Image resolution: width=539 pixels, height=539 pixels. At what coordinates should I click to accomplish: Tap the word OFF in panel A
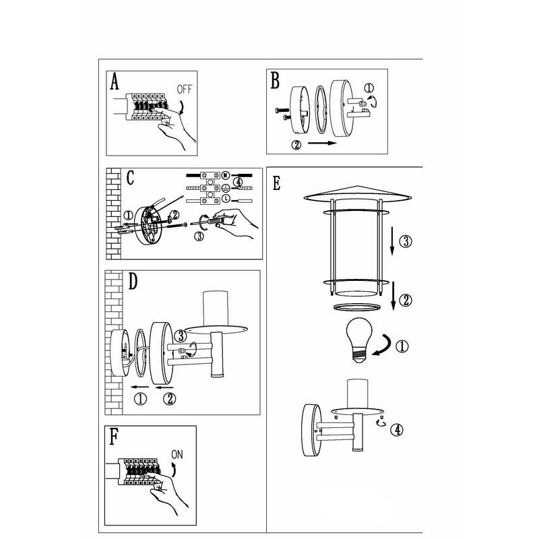tap(184, 90)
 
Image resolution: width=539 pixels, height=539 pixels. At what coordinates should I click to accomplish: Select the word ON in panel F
tap(177, 454)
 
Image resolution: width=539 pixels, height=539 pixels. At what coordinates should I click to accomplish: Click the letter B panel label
tap(275, 80)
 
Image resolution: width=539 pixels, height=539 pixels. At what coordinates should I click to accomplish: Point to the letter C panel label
tap(130, 178)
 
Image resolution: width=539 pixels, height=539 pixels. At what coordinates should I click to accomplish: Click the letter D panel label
tap(133, 281)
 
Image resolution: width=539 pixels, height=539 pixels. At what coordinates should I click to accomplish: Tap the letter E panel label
tap(276, 183)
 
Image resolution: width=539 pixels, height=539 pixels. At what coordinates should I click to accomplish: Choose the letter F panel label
tap(113, 436)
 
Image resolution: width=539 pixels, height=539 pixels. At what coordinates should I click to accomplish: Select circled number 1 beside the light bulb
tap(402, 346)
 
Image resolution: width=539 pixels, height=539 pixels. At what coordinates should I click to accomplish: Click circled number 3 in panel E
tap(406, 241)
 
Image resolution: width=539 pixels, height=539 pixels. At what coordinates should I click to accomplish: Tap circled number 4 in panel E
tap(397, 430)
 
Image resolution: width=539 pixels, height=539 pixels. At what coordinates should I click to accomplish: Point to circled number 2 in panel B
tap(296, 145)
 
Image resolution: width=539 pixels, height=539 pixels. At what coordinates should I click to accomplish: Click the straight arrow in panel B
tap(322, 143)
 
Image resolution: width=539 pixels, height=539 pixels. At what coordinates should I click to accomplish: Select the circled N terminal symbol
tap(226, 175)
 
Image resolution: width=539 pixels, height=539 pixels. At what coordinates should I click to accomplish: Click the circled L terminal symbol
tap(226, 198)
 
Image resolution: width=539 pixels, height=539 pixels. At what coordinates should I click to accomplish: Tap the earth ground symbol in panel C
tap(226, 187)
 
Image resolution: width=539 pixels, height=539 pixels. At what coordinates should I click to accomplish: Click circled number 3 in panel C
tap(199, 236)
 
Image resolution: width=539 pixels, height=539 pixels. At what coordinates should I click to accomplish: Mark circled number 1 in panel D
tap(140, 399)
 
